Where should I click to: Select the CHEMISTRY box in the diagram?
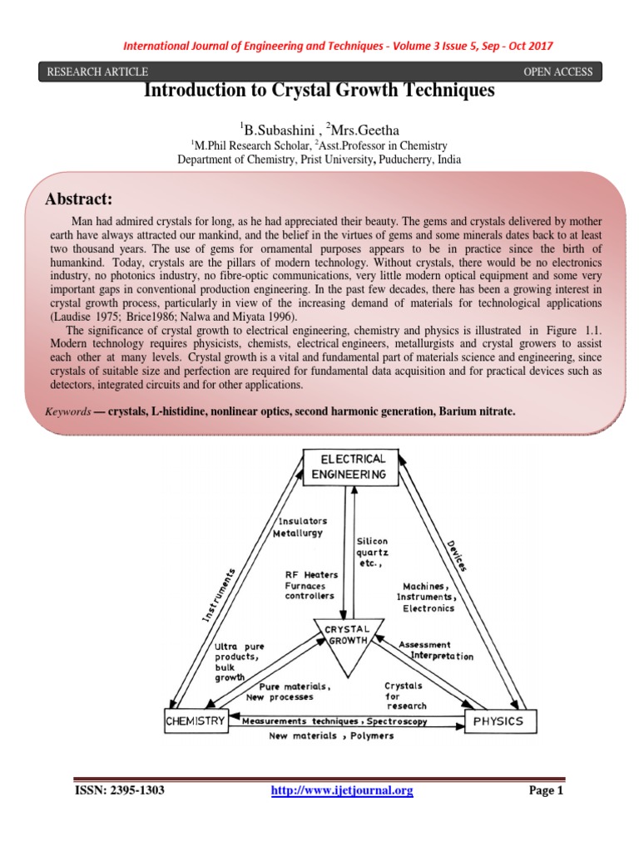pyautogui.click(x=196, y=721)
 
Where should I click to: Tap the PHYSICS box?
pyautogui.click(x=499, y=721)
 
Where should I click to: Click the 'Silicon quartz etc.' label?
pyautogui.click(x=372, y=552)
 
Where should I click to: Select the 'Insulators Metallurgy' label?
pyautogui.click(x=302, y=528)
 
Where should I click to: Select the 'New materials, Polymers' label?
pyautogui.click(x=332, y=735)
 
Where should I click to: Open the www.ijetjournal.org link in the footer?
pyautogui.click(x=342, y=791)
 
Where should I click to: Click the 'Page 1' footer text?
pyautogui.click(x=547, y=791)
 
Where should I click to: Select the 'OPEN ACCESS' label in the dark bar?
pyautogui.click(x=557, y=71)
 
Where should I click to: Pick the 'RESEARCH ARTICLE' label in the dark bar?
pyautogui.click(x=98, y=71)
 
